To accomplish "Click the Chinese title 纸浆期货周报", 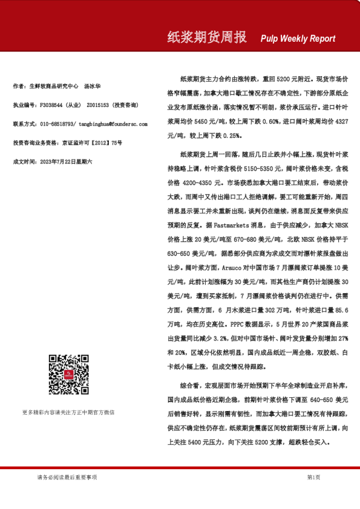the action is (207, 37).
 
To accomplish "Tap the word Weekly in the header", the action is (294, 39).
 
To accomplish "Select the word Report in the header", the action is (322, 39).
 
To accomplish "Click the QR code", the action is (68, 375).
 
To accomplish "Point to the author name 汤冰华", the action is (92, 86).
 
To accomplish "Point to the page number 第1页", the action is (313, 477).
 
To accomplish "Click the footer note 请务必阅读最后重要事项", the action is (67, 477).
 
